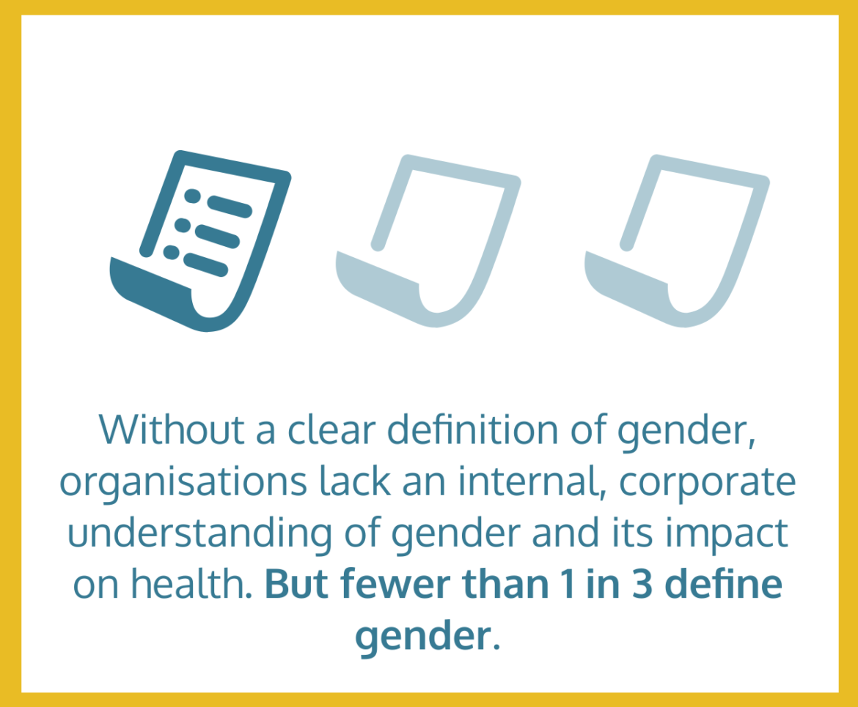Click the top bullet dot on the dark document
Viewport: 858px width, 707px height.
tap(193, 196)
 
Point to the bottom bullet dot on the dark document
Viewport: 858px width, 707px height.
tap(172, 252)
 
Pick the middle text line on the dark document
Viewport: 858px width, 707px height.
tap(218, 236)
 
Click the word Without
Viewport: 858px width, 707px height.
tap(172, 430)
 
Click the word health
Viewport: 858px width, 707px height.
tap(191, 584)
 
